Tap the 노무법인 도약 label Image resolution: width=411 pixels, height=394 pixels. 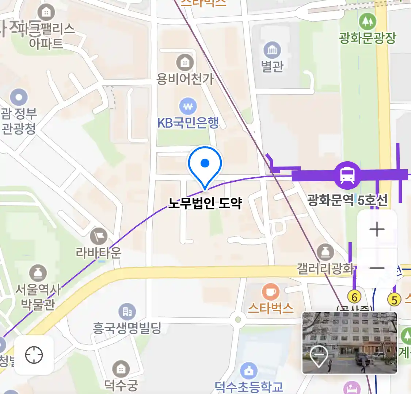point(205,203)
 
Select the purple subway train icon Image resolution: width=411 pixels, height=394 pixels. point(347,175)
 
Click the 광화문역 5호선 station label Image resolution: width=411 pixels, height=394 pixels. point(347,200)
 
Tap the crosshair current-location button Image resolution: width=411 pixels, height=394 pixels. point(34,355)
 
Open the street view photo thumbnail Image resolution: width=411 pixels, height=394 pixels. point(349,343)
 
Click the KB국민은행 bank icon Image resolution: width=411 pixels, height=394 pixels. point(188,107)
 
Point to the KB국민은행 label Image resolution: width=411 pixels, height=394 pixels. point(188,123)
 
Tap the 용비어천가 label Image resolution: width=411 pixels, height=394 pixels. point(185,79)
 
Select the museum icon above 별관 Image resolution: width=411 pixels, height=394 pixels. point(272,50)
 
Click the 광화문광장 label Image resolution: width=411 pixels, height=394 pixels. point(367,38)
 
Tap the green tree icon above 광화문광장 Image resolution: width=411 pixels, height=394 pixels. point(367,22)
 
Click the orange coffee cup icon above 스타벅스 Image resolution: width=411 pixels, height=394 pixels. point(271,292)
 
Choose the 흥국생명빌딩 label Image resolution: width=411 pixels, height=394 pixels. point(127,328)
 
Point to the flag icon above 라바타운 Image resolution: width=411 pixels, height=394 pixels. point(99,236)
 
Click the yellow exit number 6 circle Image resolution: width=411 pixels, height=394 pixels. point(354,297)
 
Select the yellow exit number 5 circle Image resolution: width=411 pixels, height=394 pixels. point(394,300)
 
